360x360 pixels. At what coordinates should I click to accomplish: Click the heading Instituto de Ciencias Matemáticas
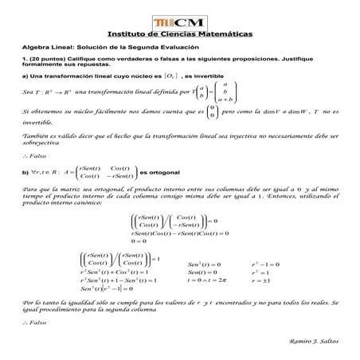click(x=180, y=34)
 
